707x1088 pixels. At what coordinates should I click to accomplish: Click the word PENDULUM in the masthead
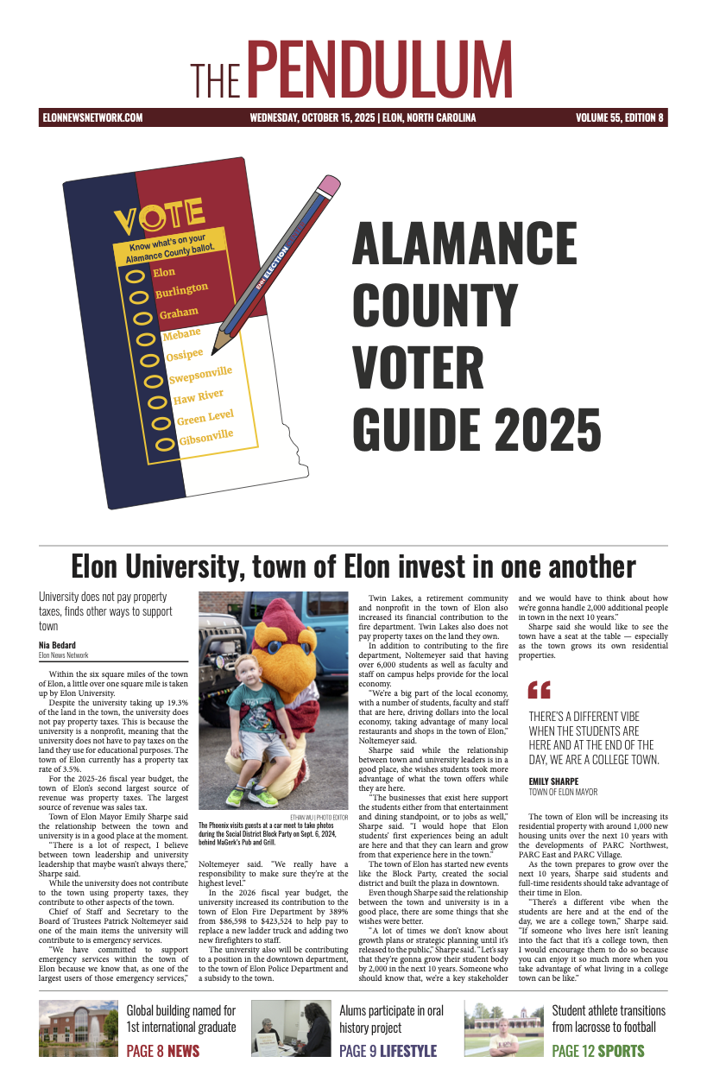coord(383,70)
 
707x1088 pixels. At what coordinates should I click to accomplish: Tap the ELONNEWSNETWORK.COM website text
coord(92,118)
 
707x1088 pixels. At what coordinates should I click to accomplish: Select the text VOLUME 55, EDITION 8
coord(619,118)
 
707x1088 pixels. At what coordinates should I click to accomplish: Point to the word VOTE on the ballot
coord(159,217)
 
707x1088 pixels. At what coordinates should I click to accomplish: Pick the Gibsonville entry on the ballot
coord(205,437)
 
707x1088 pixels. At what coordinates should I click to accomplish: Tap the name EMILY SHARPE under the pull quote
coord(553,781)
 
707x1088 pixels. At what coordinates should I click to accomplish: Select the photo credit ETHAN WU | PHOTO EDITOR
coord(319,816)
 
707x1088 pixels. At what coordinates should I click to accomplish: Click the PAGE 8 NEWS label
coord(163,1051)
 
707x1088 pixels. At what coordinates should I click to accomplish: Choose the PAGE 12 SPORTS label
coord(597,1051)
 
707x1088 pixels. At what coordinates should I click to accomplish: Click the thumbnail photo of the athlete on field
coord(503,1029)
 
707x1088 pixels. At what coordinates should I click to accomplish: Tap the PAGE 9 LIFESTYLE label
coord(388,1051)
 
